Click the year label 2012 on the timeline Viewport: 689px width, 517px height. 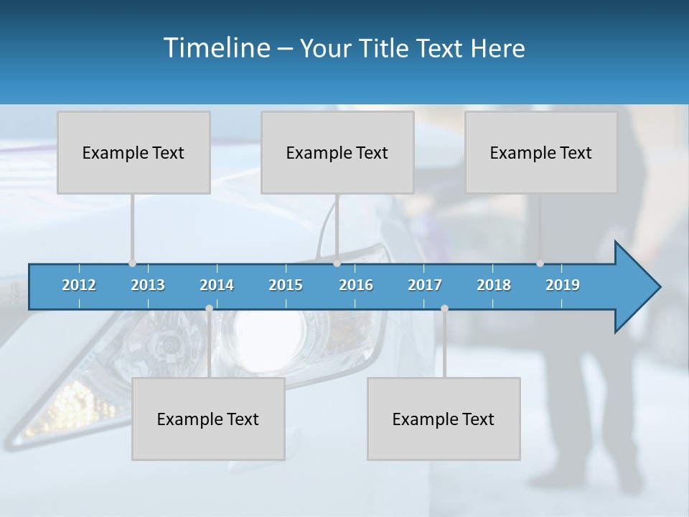(x=79, y=285)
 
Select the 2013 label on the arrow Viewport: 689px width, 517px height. (x=148, y=285)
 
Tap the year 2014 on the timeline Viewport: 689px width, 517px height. (x=217, y=285)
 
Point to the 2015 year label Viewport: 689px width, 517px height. (x=286, y=285)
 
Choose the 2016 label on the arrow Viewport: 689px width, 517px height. (x=356, y=285)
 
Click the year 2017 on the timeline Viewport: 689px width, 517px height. (x=425, y=285)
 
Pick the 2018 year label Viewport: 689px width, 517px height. (x=494, y=285)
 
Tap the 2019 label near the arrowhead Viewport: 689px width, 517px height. (x=563, y=285)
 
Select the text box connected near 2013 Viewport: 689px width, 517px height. (x=133, y=152)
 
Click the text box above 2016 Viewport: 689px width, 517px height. (x=337, y=152)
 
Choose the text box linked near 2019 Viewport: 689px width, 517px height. (x=541, y=152)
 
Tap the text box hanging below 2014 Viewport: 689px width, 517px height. (x=208, y=419)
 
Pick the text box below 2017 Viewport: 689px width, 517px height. (x=444, y=419)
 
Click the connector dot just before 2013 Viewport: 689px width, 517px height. (x=132, y=264)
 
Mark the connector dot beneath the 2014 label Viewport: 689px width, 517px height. (x=209, y=308)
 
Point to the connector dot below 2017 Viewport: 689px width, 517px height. (x=444, y=308)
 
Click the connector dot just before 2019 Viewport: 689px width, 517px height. (x=540, y=264)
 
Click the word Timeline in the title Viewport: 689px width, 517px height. (x=216, y=48)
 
